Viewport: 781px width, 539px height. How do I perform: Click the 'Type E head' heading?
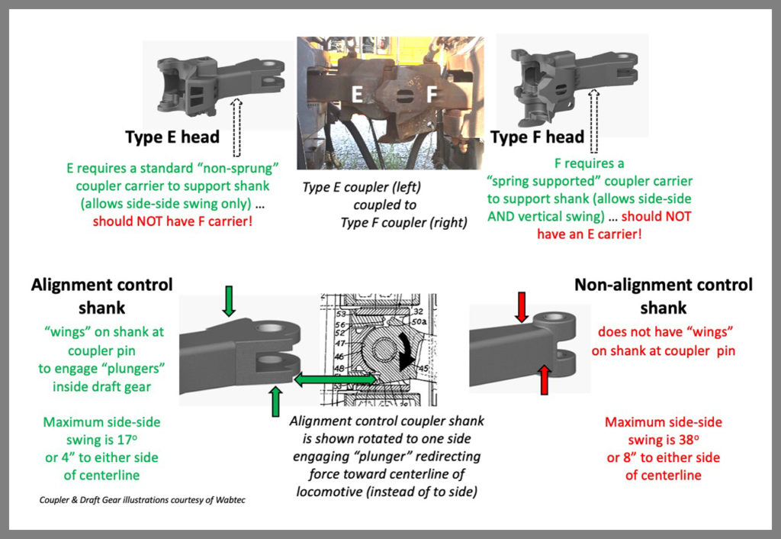tap(172, 137)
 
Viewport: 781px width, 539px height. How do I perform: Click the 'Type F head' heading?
tap(537, 137)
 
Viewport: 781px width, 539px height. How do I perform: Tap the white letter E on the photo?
tap(356, 95)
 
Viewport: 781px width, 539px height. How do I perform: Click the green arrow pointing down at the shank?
tap(230, 301)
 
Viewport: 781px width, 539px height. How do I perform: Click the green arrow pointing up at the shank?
tap(275, 401)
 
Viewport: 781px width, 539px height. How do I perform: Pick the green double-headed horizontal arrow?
tap(335, 379)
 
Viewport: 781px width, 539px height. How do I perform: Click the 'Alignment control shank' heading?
tap(102, 296)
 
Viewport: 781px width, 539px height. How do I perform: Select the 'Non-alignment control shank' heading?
tap(663, 296)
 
